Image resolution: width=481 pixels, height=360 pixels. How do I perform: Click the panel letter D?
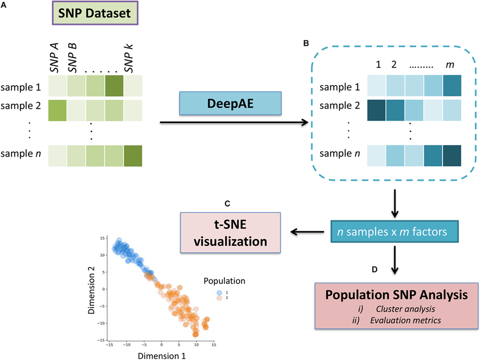pos(374,269)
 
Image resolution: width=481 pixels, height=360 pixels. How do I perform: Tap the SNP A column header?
pos(55,58)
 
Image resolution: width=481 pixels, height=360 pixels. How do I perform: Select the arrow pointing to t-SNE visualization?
pos(307,231)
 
